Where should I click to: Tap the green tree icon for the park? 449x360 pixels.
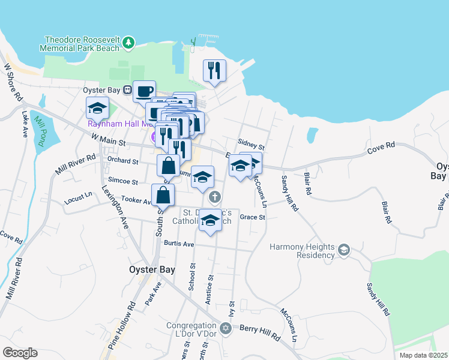128,43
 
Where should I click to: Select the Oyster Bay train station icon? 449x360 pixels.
127,90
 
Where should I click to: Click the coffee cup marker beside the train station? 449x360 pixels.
144,92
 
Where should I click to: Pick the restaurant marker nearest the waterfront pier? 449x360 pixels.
214,71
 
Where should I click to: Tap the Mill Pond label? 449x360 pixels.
41,131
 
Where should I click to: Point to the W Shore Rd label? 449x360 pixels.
13,82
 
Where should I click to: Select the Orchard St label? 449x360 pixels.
122,161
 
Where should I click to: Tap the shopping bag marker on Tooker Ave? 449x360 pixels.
163,195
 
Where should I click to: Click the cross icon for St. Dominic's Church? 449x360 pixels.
214,197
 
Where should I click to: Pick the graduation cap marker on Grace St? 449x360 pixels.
210,220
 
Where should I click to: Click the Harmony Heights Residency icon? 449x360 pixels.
344,249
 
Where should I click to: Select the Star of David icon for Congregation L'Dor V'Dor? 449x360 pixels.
226,328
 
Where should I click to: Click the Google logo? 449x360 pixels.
20,353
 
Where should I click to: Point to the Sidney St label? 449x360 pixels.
251,145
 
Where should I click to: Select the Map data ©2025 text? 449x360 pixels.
423,355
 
